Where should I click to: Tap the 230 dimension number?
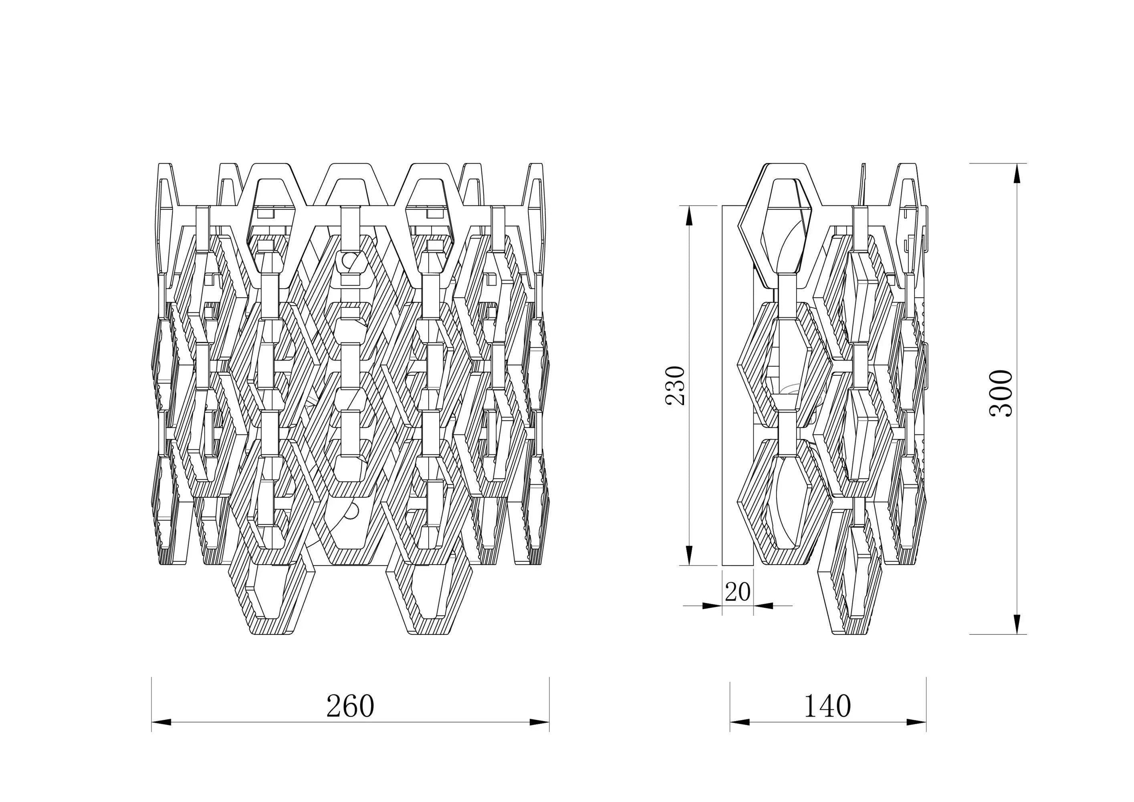(676, 386)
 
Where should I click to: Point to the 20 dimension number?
(737, 591)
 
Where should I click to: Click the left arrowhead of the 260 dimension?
(161, 723)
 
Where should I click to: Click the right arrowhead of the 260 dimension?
(539, 723)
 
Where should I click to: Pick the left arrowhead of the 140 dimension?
(740, 723)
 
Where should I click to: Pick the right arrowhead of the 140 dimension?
(916, 723)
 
